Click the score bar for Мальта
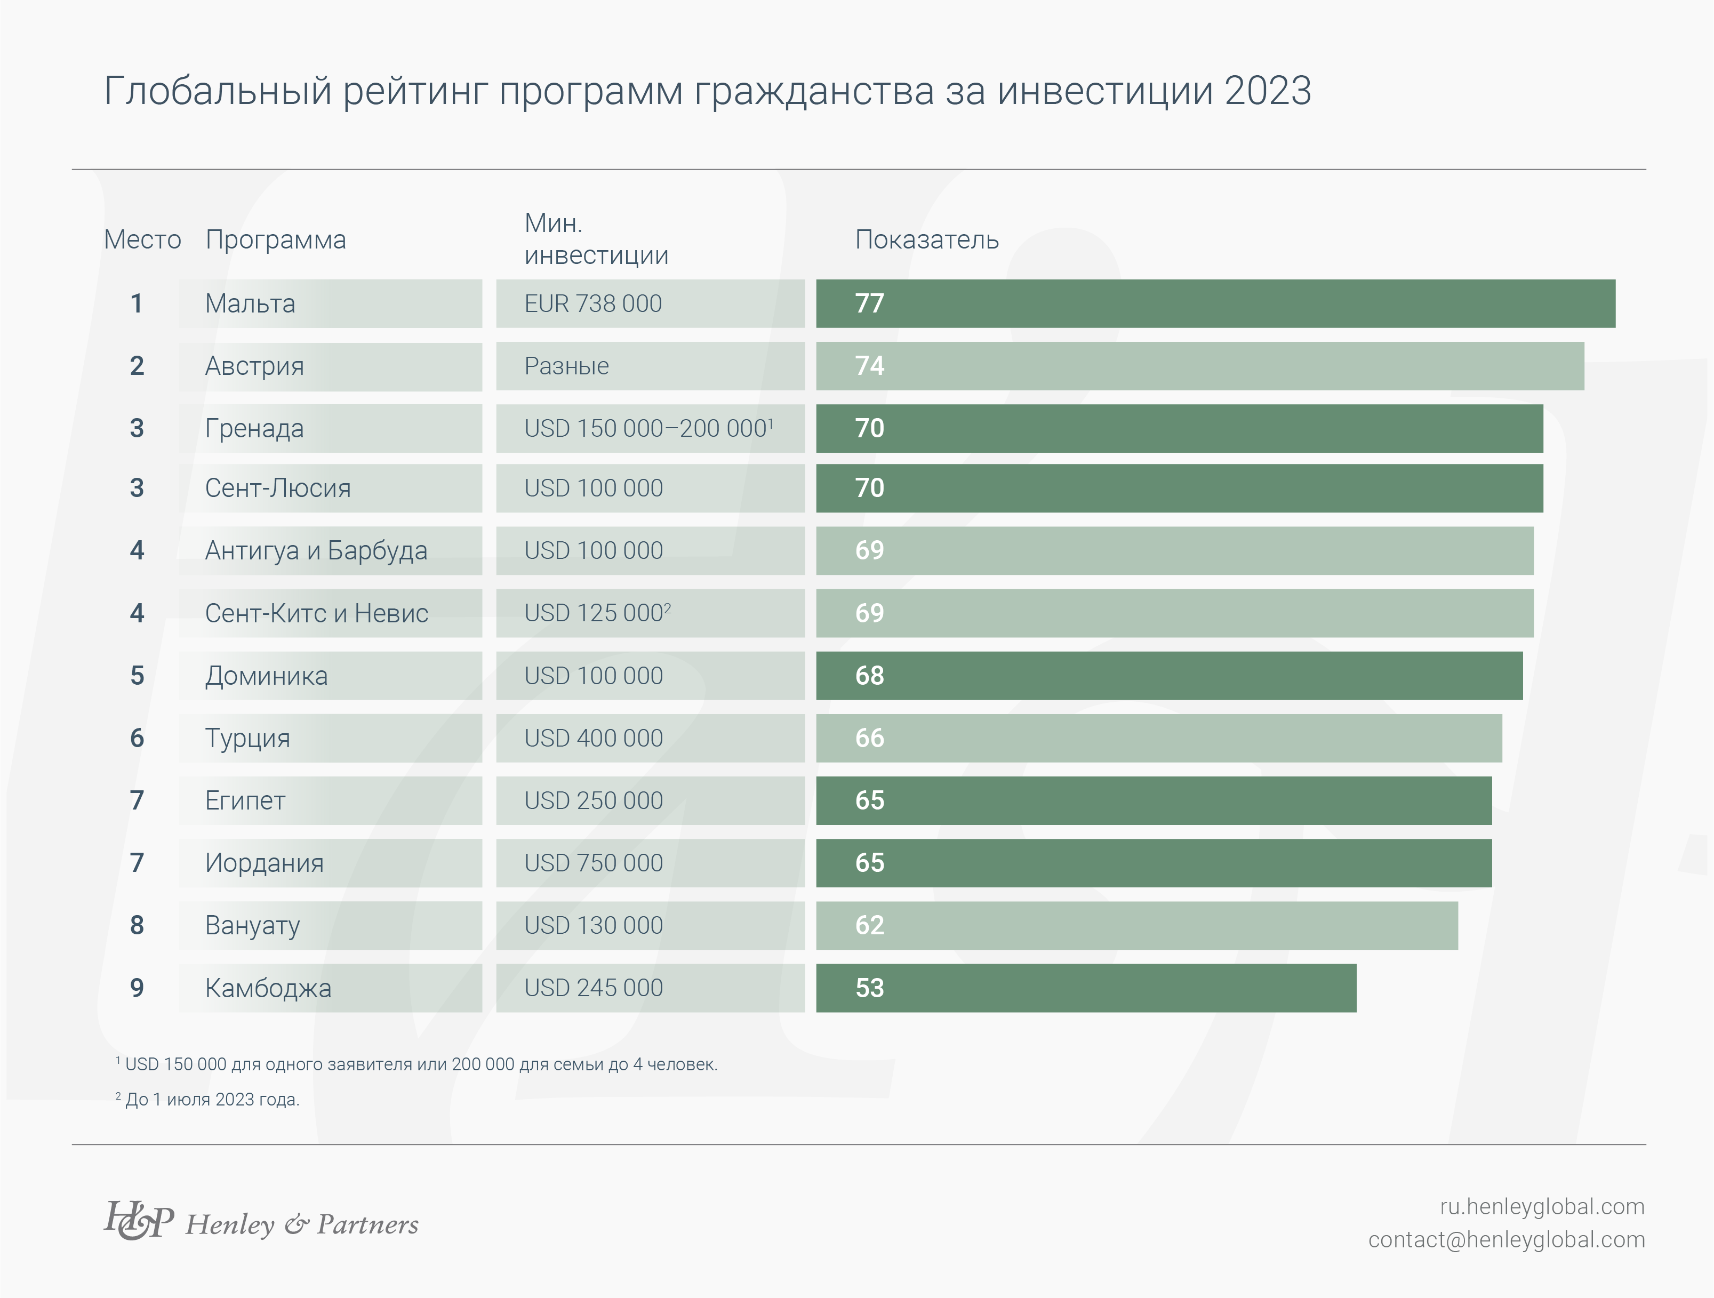[x=1215, y=304]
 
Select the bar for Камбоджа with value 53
[x=1086, y=988]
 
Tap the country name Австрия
[x=254, y=366]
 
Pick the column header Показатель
[x=927, y=240]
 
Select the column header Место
[x=142, y=240]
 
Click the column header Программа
[x=276, y=240]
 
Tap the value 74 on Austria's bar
[x=869, y=366]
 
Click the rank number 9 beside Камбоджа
[x=137, y=988]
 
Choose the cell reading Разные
[x=566, y=366]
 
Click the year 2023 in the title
[x=1268, y=91]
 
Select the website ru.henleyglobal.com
[x=1542, y=1207]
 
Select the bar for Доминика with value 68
[x=1168, y=676]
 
